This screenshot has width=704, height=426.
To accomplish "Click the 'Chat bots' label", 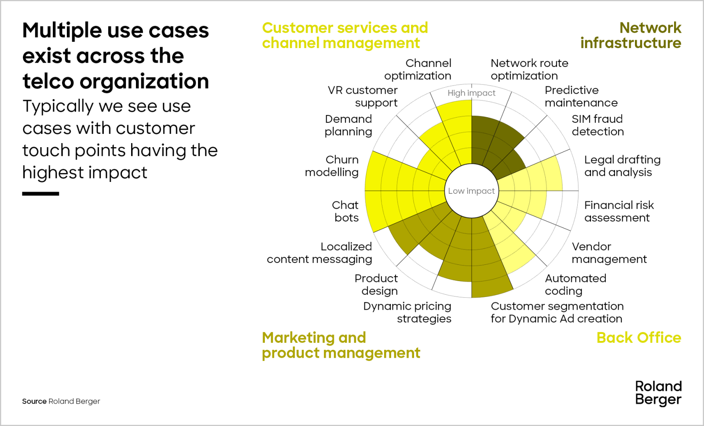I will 345,211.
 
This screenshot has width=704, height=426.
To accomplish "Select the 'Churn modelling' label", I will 333,166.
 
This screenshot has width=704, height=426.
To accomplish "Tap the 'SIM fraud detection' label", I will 598,125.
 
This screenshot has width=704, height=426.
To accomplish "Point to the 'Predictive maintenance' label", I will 581,96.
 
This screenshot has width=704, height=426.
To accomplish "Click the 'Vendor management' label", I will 609,253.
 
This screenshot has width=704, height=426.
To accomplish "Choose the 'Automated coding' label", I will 576,285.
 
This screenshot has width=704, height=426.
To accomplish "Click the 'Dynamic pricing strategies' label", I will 407,312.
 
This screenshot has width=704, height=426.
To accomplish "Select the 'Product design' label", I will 377,285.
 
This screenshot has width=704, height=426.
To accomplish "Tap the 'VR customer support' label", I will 363,96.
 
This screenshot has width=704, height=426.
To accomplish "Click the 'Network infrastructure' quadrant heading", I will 631,35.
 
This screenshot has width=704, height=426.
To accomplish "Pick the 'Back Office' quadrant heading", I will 638,338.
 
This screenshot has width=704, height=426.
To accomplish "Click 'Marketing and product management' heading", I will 341,345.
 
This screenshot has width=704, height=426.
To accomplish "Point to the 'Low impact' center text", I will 471,191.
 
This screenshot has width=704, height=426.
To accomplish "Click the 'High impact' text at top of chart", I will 471,93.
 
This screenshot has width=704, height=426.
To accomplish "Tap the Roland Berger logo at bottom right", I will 658,393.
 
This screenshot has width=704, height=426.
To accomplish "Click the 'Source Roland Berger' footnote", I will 61,401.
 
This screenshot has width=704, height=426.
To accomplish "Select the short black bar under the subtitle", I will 40,194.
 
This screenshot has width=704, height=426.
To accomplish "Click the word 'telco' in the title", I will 48,81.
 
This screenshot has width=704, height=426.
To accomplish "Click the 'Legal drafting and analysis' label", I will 622,166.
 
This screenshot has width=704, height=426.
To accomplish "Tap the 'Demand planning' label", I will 348,125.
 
